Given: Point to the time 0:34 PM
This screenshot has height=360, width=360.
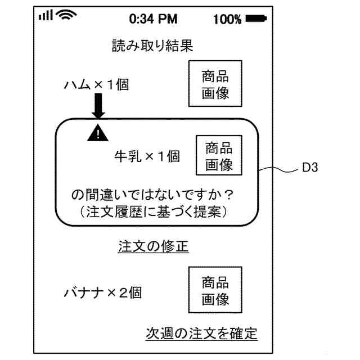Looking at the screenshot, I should click(153, 19).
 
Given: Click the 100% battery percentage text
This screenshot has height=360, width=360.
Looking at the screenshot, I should click(228, 19).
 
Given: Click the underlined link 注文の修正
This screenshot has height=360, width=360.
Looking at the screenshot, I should click(153, 246).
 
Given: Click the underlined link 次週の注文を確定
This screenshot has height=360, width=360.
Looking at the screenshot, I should click(201, 333).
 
